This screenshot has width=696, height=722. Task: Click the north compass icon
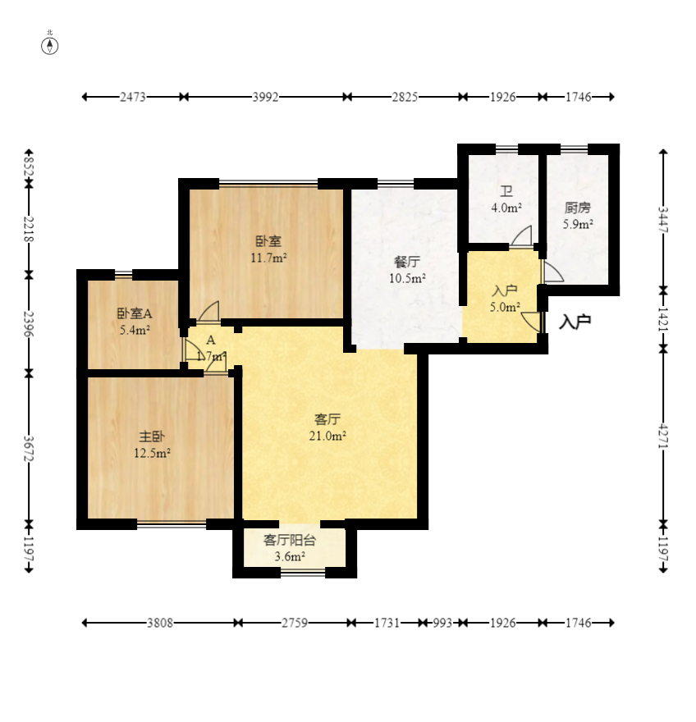50,46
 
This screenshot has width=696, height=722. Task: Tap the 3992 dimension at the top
265,97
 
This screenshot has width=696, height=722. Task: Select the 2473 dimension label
133,97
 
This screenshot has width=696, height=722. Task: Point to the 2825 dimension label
405,97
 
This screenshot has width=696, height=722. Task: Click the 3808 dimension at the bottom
160,623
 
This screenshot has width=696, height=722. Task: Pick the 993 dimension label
442,623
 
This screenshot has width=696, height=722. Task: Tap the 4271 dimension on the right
663,435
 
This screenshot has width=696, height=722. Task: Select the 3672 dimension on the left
29,448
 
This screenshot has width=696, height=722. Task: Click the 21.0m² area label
327,436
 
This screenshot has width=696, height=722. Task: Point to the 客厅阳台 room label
290,540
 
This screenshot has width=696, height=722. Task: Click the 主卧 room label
152,436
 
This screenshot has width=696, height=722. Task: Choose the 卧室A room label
135,313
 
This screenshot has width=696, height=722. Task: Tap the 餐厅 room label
407,262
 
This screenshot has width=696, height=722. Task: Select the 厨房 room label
578,208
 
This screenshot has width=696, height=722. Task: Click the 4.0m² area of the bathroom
506,208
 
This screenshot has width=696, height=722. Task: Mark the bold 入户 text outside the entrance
575,322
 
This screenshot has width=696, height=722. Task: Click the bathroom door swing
521,235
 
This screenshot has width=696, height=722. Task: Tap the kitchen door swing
553,272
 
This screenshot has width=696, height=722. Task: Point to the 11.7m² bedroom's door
208,311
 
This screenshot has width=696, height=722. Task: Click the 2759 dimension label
295,623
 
